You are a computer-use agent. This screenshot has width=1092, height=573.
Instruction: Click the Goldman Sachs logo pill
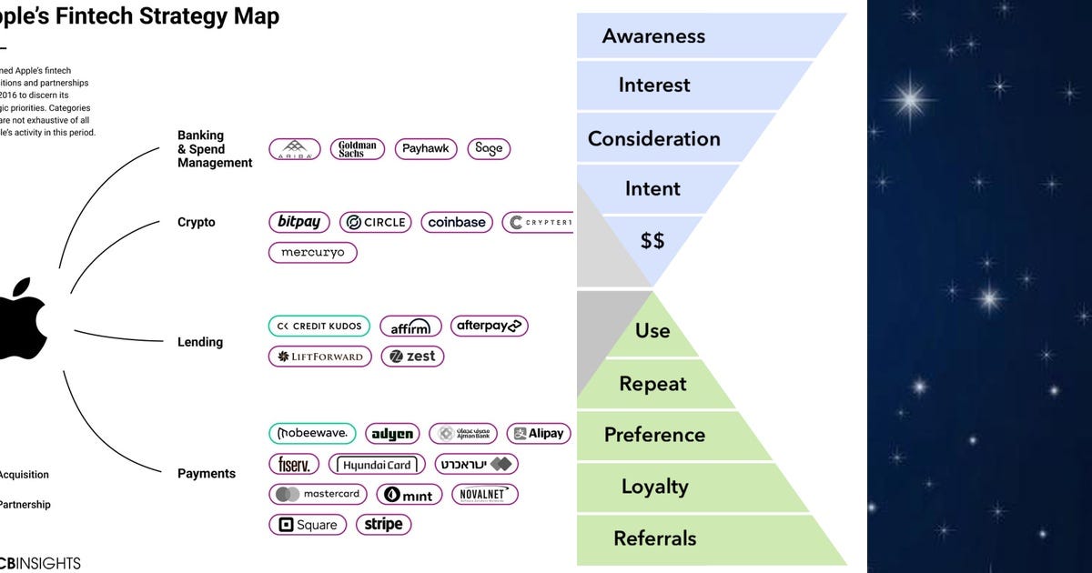(357, 149)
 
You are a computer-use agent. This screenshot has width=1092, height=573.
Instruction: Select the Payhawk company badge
(426, 149)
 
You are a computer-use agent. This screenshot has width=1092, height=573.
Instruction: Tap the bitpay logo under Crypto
(299, 222)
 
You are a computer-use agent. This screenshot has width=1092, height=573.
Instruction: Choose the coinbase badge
(457, 222)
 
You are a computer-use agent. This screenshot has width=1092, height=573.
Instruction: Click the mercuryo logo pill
(312, 252)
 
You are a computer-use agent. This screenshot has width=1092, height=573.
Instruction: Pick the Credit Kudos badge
(319, 326)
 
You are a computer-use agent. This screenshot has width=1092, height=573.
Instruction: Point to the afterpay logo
(489, 326)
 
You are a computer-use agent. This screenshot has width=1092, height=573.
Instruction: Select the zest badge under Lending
(412, 357)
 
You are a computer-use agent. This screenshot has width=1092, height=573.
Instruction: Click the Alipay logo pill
(538, 434)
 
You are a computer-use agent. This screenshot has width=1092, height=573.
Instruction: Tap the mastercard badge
(318, 494)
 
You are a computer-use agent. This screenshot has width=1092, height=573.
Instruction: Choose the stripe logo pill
(383, 524)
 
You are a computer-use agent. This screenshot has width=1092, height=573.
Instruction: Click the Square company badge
(308, 525)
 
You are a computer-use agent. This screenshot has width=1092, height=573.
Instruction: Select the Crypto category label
(197, 222)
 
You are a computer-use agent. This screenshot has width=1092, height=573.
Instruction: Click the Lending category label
(200, 342)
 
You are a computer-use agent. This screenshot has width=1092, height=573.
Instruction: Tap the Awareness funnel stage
(653, 36)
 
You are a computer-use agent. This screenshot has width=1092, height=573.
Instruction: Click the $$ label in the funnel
(652, 240)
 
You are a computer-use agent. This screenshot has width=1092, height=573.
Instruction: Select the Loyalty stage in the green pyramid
(654, 487)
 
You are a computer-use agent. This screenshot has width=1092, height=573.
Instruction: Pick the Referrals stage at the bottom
(654, 538)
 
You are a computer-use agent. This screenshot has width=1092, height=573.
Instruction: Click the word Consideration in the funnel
(653, 139)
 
